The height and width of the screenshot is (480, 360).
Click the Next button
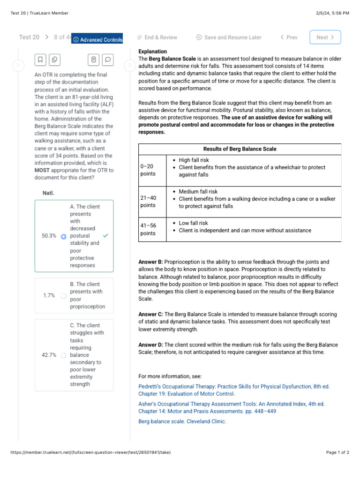coord(325,37)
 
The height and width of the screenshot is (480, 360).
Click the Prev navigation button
coord(289,37)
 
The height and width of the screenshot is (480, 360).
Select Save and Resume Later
coord(229,37)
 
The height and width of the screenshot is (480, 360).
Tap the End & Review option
coord(157,37)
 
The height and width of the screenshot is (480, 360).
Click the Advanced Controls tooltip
coord(97,39)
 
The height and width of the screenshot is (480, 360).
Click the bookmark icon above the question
coord(40,60)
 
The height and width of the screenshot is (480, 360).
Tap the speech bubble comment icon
coord(108,60)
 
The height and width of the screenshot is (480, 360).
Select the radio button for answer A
coord(64,236)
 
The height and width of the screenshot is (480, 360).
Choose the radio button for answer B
coord(64,296)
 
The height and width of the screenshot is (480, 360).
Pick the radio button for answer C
coord(64,355)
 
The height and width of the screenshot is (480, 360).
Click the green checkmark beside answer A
coord(105,236)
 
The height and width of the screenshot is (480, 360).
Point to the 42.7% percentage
coord(49,355)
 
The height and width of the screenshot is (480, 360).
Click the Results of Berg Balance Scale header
coord(240,149)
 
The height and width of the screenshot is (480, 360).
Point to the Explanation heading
coord(152,52)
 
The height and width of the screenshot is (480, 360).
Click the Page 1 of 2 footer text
coord(337,452)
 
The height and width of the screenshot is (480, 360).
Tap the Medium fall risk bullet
coord(198,192)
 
